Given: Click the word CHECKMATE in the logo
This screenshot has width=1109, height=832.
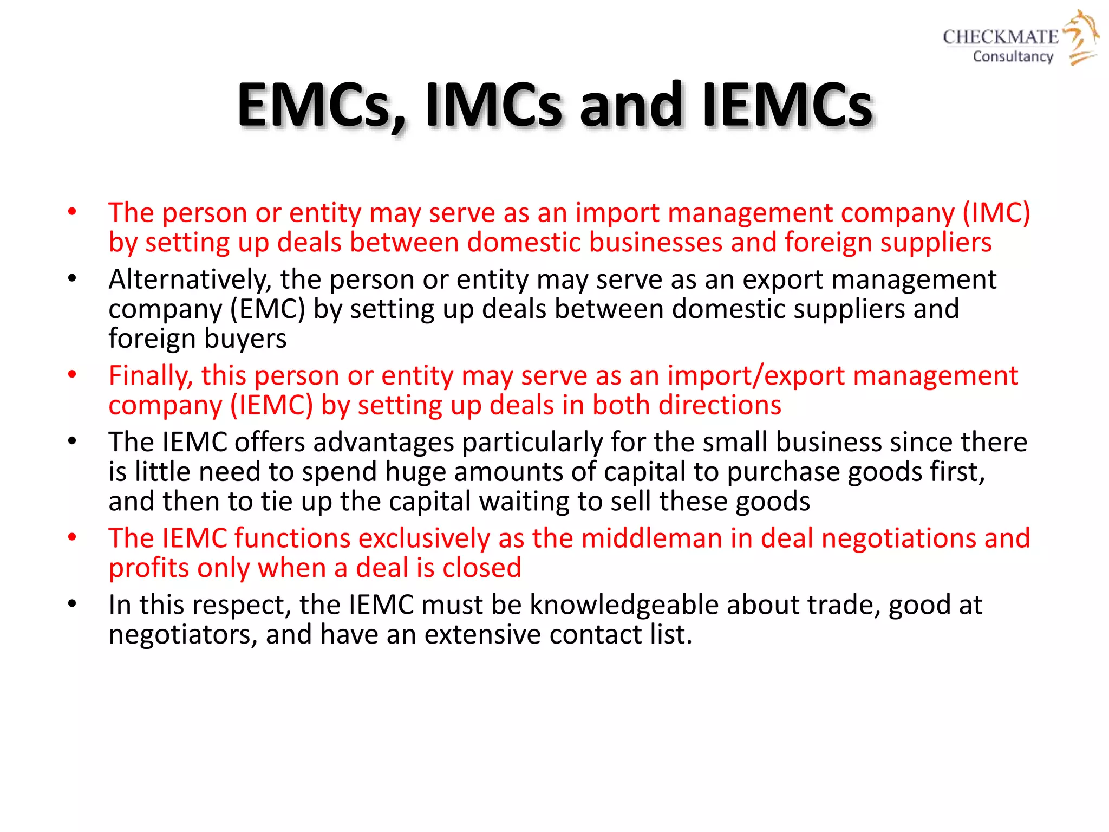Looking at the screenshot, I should coord(1000,37).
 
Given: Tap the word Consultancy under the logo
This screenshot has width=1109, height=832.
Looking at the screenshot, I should coord(1013,56).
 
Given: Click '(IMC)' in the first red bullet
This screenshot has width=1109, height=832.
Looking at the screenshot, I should coord(996,213).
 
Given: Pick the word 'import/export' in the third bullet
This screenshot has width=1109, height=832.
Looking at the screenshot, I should coord(756,375).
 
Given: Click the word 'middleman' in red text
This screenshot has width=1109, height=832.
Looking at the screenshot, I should coord(652,538).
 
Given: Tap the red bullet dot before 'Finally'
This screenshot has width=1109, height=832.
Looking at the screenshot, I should coord(72,375).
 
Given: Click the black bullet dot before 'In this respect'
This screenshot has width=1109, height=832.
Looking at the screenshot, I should coord(72,604).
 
